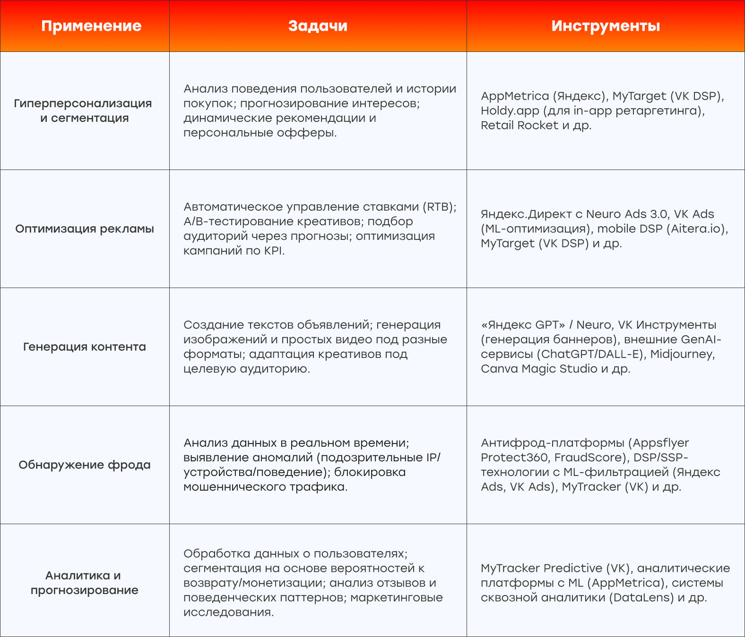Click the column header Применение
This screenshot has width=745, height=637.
[x=91, y=26]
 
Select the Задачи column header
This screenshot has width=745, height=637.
[x=318, y=26]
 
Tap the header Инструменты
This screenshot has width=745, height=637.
[x=606, y=26]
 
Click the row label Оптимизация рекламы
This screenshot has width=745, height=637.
[x=85, y=229]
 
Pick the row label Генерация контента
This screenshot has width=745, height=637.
[x=85, y=347]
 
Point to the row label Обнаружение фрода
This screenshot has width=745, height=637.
[x=85, y=465]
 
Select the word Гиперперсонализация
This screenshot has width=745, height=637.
[x=83, y=103]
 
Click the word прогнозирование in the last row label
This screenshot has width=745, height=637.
[x=85, y=590]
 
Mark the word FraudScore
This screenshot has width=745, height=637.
[x=588, y=458]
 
